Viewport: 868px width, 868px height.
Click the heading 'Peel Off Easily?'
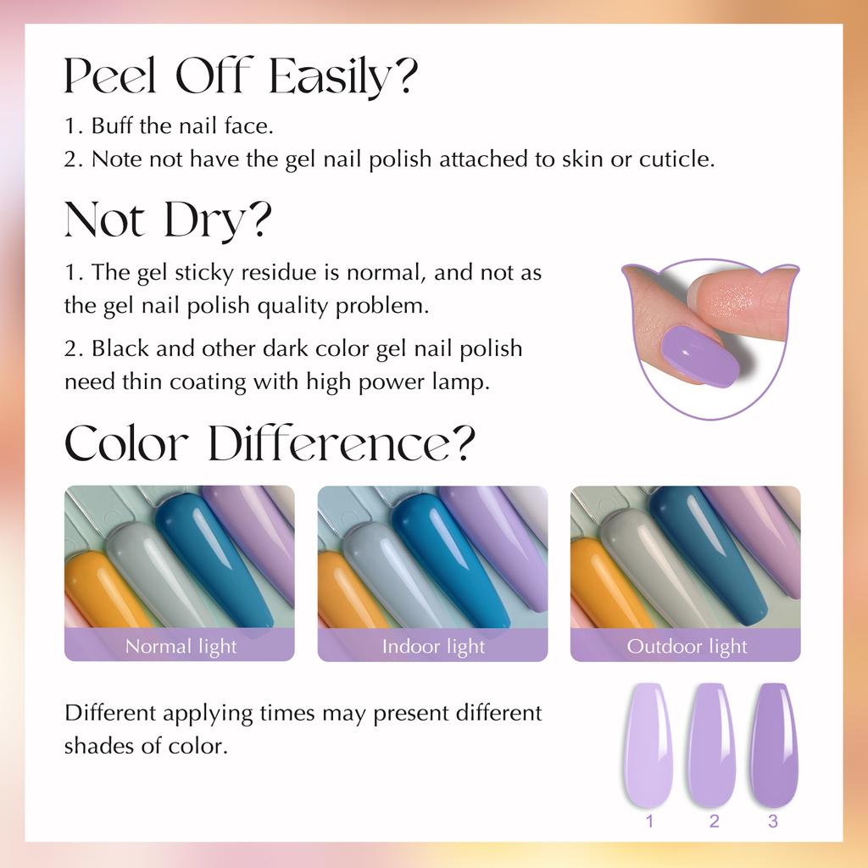[241, 76]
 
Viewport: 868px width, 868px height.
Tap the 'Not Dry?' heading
[169, 220]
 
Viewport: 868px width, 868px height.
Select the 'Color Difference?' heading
[270, 443]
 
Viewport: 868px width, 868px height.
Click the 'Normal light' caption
[181, 647]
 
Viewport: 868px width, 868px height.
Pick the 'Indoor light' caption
[433, 647]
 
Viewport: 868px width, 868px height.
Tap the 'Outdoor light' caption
[687, 647]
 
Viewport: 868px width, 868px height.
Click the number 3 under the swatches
[773, 821]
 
